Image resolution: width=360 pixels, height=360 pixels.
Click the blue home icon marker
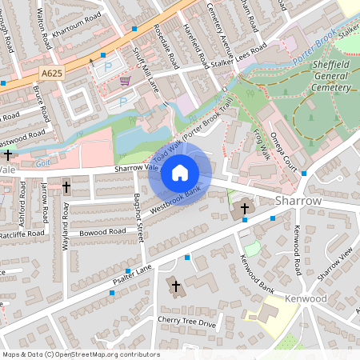click(x=180, y=172)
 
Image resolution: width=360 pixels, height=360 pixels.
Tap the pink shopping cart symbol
click(x=125, y=80)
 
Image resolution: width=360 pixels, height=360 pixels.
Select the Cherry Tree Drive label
click(x=187, y=322)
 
